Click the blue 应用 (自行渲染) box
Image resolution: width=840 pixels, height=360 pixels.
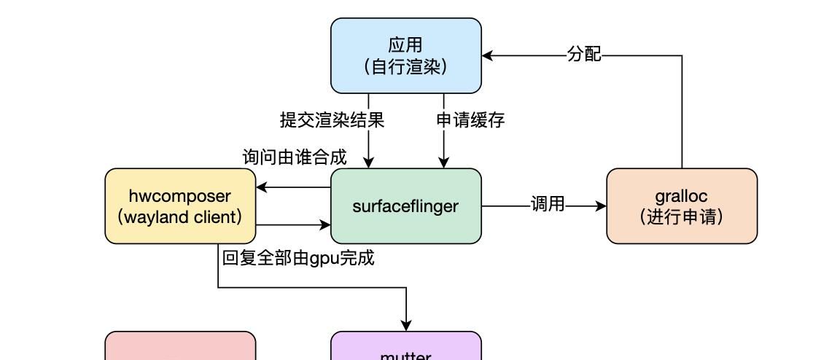click(x=406, y=55)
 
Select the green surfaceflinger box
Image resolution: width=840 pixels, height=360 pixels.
click(x=406, y=206)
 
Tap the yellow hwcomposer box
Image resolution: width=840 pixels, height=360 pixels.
click(x=180, y=206)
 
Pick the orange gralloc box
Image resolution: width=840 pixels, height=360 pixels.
click(x=682, y=206)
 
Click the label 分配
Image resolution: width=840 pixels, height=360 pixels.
click(x=584, y=55)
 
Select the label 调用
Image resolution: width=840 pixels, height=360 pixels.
click(x=548, y=205)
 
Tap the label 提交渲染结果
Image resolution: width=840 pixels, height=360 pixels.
click(x=332, y=120)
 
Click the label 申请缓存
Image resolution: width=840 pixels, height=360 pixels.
click(x=470, y=120)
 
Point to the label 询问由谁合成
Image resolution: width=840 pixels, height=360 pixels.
click(x=295, y=157)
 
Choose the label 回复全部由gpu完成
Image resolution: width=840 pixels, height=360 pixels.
click(x=297, y=258)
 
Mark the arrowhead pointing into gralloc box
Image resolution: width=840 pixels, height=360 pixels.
click(x=601, y=206)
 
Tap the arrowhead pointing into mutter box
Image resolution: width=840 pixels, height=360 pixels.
click(x=406, y=325)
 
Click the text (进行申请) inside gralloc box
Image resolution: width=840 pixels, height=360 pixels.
click(x=682, y=217)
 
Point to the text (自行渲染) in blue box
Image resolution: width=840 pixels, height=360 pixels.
click(x=406, y=67)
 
